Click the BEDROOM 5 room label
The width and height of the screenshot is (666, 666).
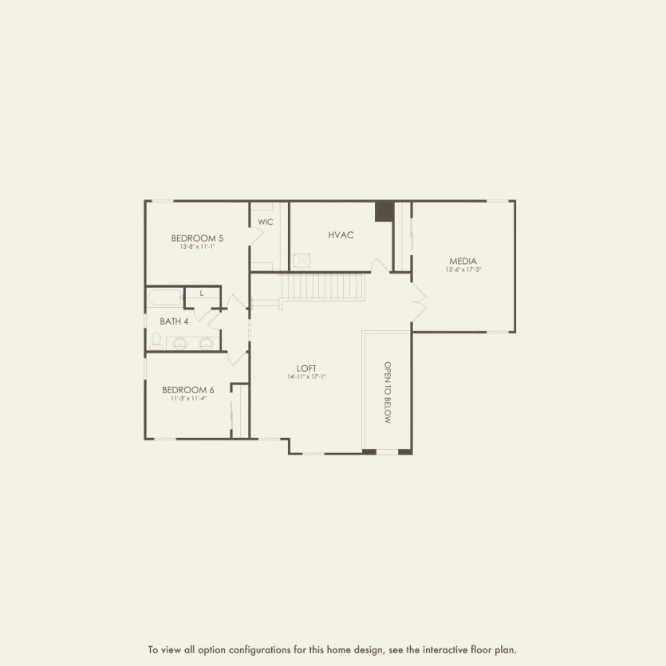(197, 238)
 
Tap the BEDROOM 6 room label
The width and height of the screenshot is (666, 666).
(188, 390)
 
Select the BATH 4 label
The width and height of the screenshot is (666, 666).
(174, 321)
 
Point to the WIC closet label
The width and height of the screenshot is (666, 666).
(266, 222)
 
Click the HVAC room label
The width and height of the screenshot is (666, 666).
(341, 235)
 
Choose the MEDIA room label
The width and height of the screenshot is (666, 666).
(463, 261)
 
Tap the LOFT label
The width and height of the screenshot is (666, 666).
(307, 368)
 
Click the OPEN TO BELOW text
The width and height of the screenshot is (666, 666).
(388, 392)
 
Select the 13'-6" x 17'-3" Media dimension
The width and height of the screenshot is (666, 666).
(463, 270)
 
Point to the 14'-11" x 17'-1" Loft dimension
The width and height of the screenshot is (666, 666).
(307, 376)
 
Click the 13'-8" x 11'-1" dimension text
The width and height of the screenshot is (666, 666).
(197, 246)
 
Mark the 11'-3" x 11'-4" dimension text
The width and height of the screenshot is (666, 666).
(188, 398)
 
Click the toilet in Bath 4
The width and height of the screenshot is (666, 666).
(157, 341)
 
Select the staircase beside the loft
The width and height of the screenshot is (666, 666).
(324, 286)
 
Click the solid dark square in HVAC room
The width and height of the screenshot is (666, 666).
(384, 211)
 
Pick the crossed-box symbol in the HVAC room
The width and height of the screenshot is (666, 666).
(301, 260)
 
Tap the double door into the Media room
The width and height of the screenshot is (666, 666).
(419, 303)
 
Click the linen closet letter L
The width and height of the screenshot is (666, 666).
(202, 294)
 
